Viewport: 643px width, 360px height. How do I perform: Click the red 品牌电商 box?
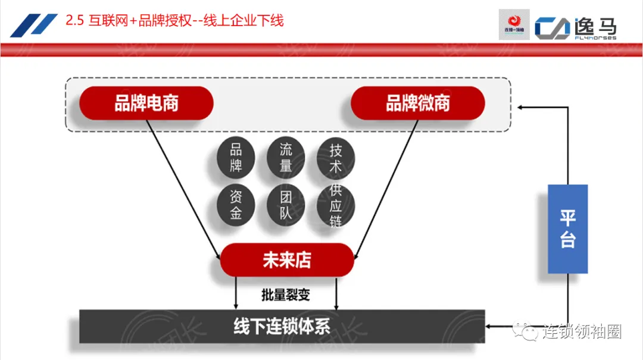pyautogui.click(x=146, y=104)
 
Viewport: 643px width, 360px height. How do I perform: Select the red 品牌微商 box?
pyautogui.click(x=417, y=104)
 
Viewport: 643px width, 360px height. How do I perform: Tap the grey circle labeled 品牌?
pyautogui.click(x=236, y=158)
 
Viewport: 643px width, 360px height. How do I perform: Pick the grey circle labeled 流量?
pyautogui.click(x=286, y=158)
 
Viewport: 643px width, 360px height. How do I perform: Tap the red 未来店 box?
pyautogui.click(x=286, y=260)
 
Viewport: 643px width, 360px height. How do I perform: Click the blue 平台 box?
pyautogui.click(x=567, y=228)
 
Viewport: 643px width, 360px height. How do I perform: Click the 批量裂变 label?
pyautogui.click(x=286, y=295)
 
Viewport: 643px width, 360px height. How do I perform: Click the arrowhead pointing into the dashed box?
pyautogui.click(x=521, y=107)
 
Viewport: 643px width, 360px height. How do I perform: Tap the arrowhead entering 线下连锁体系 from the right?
pyautogui.click(x=491, y=326)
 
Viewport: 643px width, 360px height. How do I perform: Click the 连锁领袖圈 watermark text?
pyautogui.click(x=582, y=331)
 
